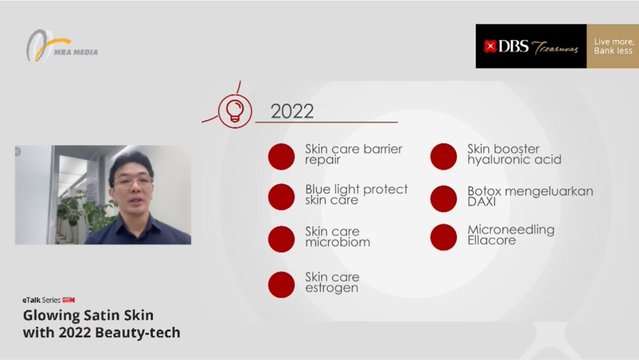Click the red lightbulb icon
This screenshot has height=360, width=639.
click(x=235, y=111)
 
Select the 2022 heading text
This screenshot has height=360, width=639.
click(x=292, y=111)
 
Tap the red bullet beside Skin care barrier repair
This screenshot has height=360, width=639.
click(x=281, y=157)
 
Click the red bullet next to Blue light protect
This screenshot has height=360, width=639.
click(x=281, y=197)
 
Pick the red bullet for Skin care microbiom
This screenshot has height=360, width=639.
click(x=281, y=239)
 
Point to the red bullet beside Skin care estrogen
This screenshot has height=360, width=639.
click(x=281, y=285)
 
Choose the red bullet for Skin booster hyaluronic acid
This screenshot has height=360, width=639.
click(x=443, y=157)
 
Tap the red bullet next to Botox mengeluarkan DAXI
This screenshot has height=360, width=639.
click(x=443, y=199)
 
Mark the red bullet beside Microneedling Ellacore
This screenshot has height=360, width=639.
click(x=443, y=237)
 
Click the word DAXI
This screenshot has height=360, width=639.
click(x=482, y=202)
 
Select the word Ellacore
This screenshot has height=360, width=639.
click(x=491, y=240)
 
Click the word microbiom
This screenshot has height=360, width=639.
click(x=338, y=242)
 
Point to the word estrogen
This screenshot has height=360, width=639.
click(x=332, y=288)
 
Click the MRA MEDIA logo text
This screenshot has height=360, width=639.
click(x=76, y=52)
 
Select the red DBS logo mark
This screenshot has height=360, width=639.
click(x=490, y=46)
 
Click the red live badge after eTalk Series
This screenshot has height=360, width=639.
click(x=69, y=300)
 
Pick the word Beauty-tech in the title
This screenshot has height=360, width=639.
click(x=138, y=333)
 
